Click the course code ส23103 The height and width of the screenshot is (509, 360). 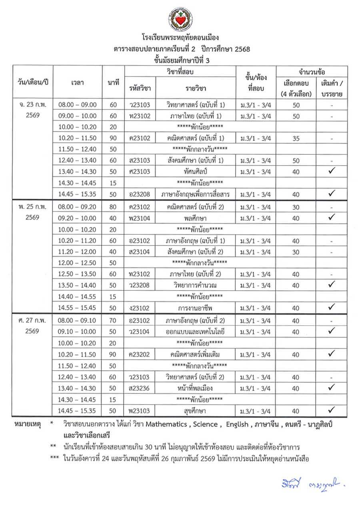139,160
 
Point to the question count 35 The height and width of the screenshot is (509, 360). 296,138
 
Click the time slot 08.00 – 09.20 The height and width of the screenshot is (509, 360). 78,207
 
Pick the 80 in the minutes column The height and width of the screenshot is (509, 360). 113,207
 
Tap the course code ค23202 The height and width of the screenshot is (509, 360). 139,354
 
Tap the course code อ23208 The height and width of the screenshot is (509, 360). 139,194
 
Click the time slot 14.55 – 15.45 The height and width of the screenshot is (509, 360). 78,308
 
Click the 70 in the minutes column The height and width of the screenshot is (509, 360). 113,320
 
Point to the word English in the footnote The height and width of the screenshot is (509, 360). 237,424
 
